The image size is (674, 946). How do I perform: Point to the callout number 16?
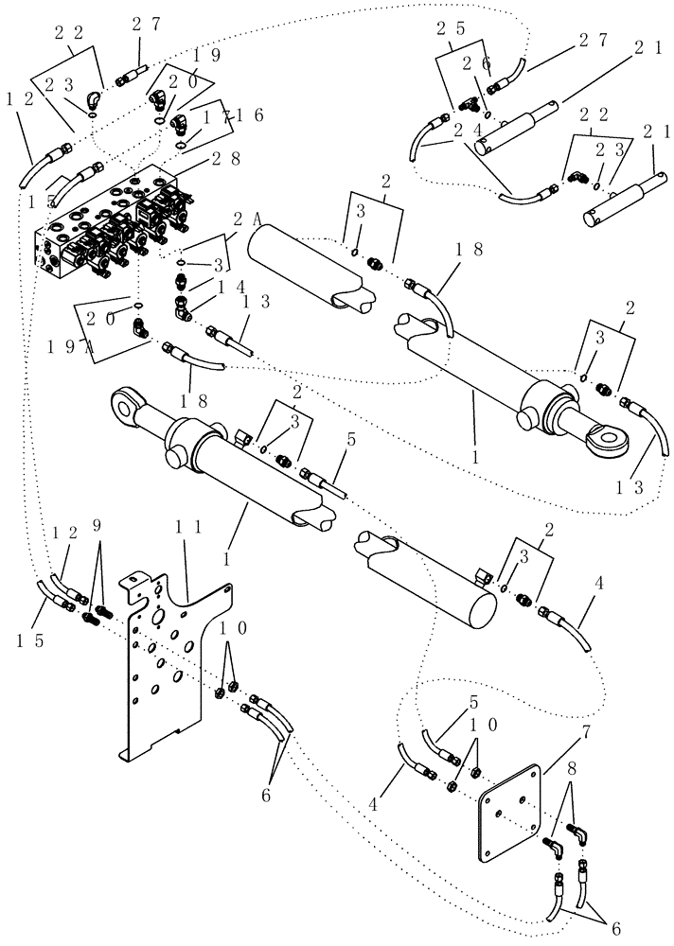[249, 115]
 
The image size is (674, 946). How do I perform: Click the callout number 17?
[219, 116]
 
